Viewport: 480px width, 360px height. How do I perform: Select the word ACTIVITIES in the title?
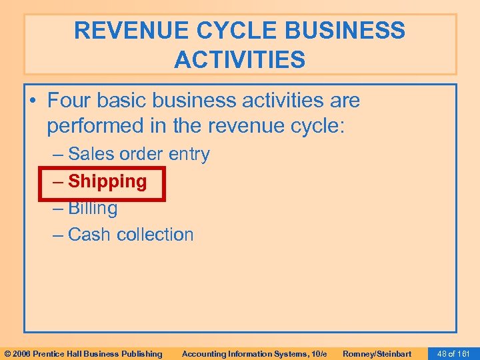click(240, 60)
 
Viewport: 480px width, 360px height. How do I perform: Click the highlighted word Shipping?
click(107, 181)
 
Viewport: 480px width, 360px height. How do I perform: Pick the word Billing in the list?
click(93, 208)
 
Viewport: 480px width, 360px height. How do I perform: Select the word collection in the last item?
click(155, 235)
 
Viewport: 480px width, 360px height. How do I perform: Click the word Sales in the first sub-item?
click(92, 155)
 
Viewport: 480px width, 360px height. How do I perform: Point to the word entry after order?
click(189, 155)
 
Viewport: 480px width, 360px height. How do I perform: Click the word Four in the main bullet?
click(70, 101)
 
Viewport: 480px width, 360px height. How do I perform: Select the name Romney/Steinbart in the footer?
click(377, 353)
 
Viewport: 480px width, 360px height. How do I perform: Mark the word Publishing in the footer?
click(140, 353)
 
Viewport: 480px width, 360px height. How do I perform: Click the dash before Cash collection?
click(58, 235)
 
